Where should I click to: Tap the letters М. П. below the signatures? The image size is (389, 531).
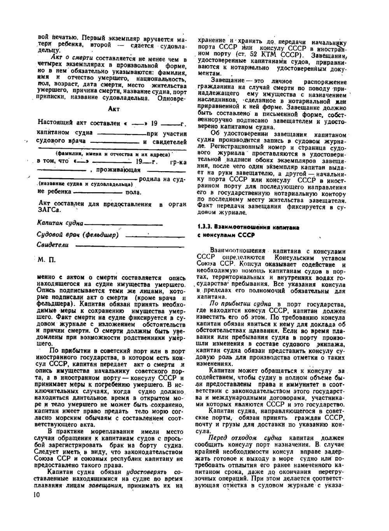click(x=47, y=259)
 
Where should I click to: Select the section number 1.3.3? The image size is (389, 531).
click(x=205, y=227)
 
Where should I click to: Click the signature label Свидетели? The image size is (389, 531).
click(x=53, y=245)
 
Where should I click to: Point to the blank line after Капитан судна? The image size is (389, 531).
click(x=124, y=224)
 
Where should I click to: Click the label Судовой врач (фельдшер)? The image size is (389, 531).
click(x=77, y=235)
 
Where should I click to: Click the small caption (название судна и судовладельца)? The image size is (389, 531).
click(x=86, y=184)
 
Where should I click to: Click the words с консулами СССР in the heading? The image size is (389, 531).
click(x=226, y=235)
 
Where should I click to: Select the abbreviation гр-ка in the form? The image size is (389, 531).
click(x=179, y=162)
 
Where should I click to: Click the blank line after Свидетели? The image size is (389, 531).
click(x=130, y=245)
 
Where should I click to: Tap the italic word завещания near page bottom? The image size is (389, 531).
click(x=102, y=485)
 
